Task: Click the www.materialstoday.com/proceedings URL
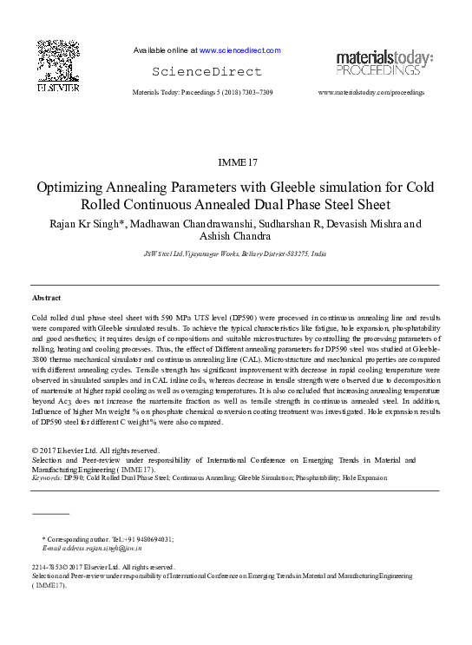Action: pyautogui.click(x=371, y=91)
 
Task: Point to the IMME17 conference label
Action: pyautogui.click(x=235, y=161)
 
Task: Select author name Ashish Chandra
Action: pyautogui.click(x=236, y=237)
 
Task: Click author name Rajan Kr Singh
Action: pyautogui.click(x=84, y=223)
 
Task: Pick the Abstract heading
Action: pyautogui.click(x=47, y=298)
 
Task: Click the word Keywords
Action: pyautogui.click(x=47, y=477)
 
